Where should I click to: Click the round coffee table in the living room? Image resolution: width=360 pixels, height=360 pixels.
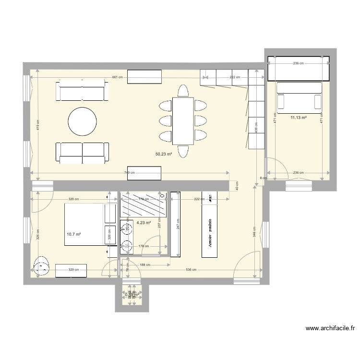tap(82, 121)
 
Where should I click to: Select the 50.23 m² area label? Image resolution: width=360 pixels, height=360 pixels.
tap(163, 154)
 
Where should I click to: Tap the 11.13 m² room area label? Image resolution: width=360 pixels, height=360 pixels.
tap(298, 117)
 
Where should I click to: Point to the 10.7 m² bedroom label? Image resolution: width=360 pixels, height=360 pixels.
tap(73, 234)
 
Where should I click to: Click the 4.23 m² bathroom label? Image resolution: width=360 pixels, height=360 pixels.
tap(144, 223)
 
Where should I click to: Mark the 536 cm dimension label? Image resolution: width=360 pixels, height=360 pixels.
tap(191, 270)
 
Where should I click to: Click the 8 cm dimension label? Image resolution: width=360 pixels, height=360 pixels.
tap(262, 178)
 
